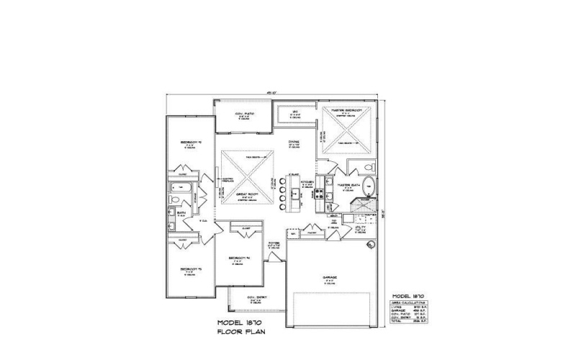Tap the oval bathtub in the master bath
[x=368, y=187]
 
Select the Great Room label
[x=246, y=195]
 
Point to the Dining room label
[x=294, y=143]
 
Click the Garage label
[x=330, y=277]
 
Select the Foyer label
[x=274, y=244]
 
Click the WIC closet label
[x=294, y=112]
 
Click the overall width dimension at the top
[x=271, y=93]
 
